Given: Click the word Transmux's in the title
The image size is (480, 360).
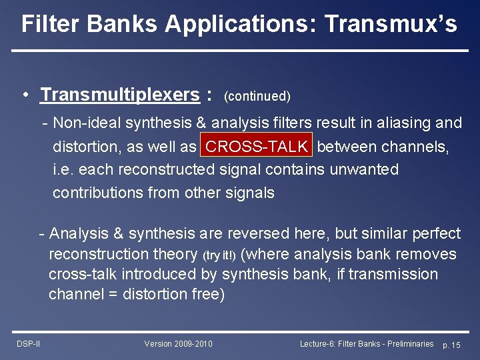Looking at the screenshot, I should click(392, 24).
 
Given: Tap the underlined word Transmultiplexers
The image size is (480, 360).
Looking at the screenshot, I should click(120, 95).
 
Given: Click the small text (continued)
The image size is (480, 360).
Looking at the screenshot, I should click(257, 97).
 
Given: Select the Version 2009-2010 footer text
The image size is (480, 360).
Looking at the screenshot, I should click(178, 344).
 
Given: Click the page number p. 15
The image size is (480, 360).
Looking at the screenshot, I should click(451, 345).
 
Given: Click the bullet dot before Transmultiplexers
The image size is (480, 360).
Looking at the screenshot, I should click(25, 95).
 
